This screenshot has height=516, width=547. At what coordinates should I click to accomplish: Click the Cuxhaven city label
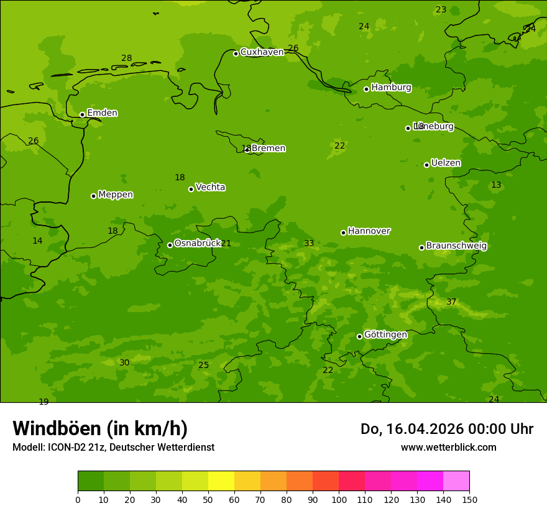(x=262, y=52)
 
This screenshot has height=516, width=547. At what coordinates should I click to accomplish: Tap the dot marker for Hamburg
(x=366, y=89)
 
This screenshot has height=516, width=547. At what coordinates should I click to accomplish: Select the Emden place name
(x=102, y=113)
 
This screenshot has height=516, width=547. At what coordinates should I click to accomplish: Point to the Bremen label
(x=269, y=149)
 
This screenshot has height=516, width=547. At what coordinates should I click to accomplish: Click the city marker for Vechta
(x=191, y=189)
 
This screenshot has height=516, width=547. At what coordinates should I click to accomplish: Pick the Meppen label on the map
(x=116, y=195)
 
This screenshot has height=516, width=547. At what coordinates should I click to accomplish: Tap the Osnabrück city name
(x=198, y=243)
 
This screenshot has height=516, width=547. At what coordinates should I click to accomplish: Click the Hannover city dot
(x=343, y=233)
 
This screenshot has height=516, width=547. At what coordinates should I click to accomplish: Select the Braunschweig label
(x=456, y=246)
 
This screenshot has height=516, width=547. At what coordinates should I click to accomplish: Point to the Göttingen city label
(x=385, y=335)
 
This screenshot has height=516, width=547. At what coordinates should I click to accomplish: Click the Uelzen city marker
(x=426, y=165)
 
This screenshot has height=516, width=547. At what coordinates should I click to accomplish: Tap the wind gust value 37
(x=451, y=302)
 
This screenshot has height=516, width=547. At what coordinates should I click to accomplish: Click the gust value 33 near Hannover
(x=309, y=244)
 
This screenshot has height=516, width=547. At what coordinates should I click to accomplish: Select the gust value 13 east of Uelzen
(x=496, y=185)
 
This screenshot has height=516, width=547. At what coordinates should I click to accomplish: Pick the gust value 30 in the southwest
(x=124, y=363)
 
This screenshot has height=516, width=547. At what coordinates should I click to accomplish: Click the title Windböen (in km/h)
(x=100, y=428)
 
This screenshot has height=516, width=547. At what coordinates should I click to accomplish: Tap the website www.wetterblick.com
(x=448, y=447)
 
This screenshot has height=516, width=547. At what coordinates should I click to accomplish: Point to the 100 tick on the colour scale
(x=339, y=499)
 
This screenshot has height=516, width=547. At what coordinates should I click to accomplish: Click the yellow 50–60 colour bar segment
(x=221, y=481)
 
